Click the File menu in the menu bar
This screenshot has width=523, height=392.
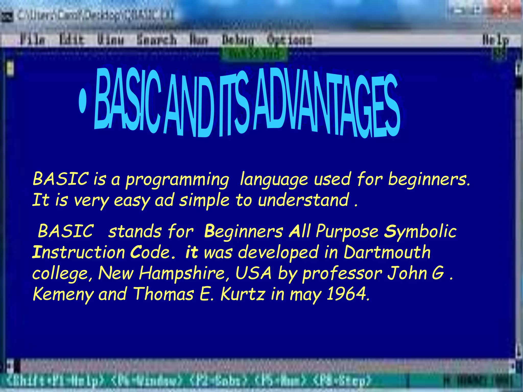coord(33,40)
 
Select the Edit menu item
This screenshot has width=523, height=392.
coord(72,40)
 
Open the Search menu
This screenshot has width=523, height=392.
coord(156,40)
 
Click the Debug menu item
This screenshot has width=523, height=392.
coord(238,40)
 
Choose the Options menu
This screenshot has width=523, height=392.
coord(289,40)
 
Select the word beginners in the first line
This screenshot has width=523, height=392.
coord(429,179)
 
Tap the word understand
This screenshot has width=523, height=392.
coord(303,200)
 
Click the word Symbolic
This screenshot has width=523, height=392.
coord(420,231)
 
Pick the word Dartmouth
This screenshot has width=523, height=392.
coord(387,252)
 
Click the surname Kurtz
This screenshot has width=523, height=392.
coord(243,294)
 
